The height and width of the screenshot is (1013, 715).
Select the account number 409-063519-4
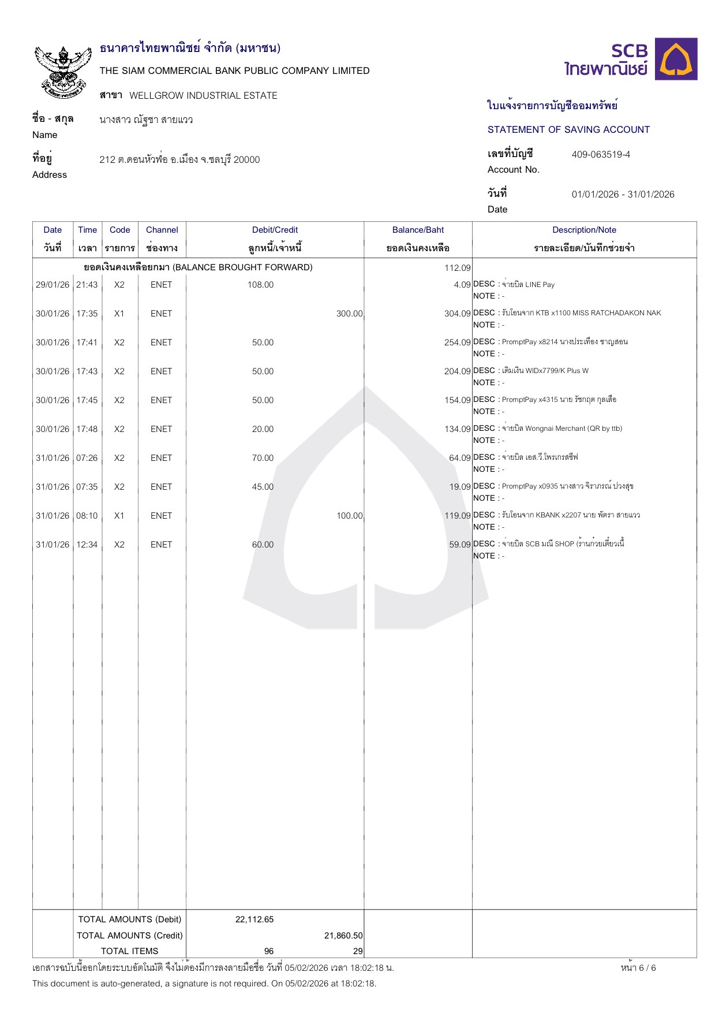click(601, 155)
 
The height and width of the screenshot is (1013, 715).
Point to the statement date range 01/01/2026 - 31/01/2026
click(623, 195)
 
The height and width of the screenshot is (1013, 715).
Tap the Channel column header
click(162, 230)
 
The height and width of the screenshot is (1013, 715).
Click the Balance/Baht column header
click(418, 230)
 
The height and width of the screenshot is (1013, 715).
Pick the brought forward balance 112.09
click(458, 268)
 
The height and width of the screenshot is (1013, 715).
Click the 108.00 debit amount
click(260, 285)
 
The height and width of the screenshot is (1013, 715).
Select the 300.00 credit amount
click(349, 314)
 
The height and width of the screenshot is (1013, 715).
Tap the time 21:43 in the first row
click(87, 285)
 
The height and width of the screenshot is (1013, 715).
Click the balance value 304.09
click(457, 314)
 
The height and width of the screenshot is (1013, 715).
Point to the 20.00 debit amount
click(263, 429)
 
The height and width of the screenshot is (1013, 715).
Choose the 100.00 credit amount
click(349, 516)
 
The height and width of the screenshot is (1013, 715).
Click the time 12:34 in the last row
click(87, 545)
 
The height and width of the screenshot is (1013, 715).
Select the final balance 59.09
click(460, 545)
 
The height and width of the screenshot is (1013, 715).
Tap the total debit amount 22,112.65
click(254, 919)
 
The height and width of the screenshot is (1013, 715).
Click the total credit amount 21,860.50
click(343, 936)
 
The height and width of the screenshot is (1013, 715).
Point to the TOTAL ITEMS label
click(129, 951)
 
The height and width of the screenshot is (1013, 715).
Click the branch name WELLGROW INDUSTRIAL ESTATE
click(203, 96)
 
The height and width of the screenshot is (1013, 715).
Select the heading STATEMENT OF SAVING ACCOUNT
click(568, 130)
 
